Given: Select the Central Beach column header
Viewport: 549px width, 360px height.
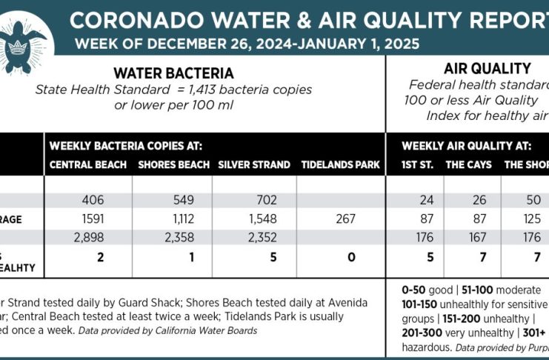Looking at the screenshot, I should [88, 164].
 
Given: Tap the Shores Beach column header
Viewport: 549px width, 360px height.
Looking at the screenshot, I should [172, 164].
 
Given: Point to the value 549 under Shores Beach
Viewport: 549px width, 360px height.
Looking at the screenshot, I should [172, 200].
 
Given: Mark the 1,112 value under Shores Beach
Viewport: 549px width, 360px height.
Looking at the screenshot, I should [172, 219].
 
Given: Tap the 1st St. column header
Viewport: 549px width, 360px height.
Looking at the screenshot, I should [416, 164].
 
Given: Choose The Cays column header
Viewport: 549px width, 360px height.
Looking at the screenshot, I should [468, 164].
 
